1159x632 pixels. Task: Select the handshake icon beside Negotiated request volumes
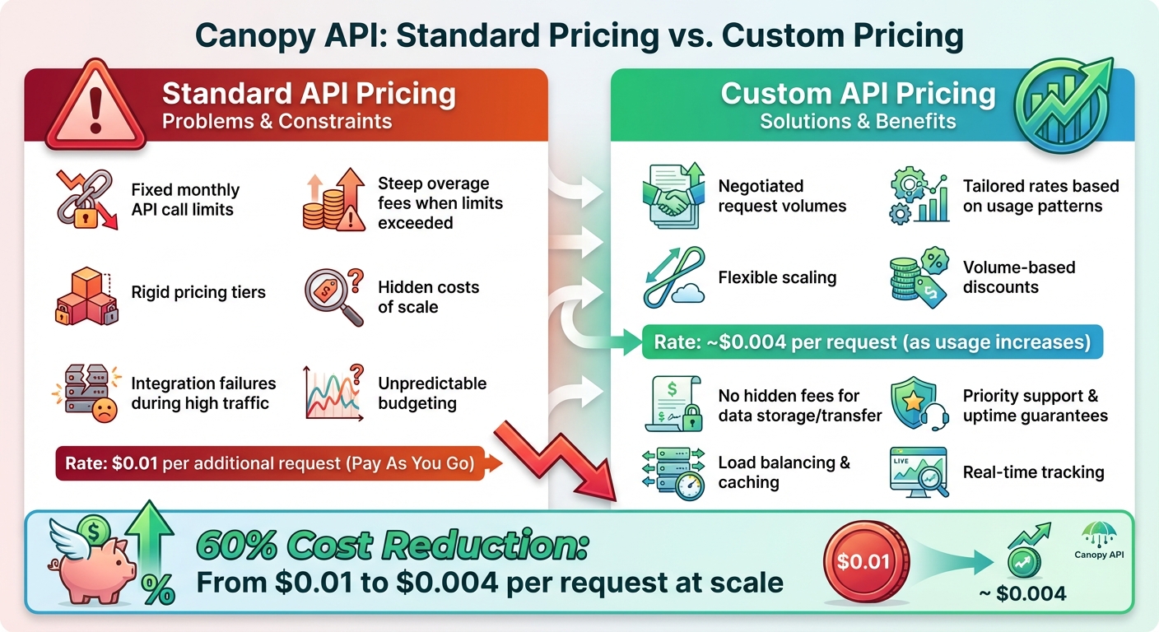(x=671, y=196)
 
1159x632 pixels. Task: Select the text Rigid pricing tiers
(x=198, y=292)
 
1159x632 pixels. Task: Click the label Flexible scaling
(x=777, y=277)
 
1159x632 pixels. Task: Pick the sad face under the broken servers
(x=105, y=411)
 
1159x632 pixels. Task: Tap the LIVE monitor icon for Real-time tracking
(x=919, y=472)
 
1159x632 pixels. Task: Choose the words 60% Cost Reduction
(x=392, y=546)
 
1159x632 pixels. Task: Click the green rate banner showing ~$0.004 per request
(x=872, y=342)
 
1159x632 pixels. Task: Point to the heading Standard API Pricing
(x=309, y=94)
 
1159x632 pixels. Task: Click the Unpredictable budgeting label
(x=432, y=393)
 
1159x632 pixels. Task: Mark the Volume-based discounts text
(x=1019, y=277)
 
